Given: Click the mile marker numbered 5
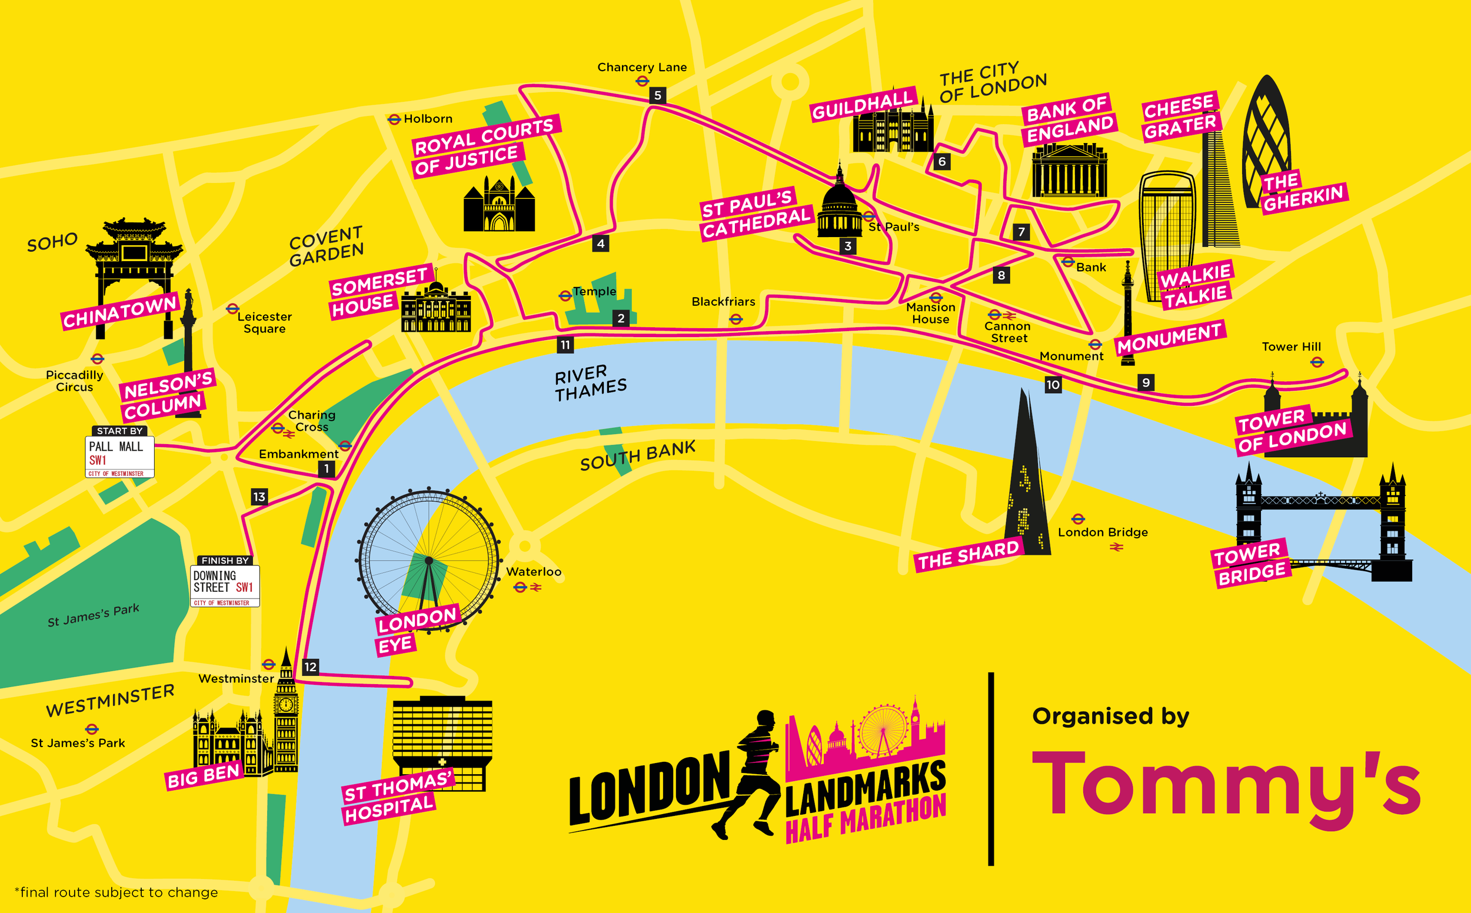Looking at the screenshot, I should click(x=658, y=95).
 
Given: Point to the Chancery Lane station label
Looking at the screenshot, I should click(x=642, y=67).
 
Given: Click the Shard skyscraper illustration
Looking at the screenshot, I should click(x=1027, y=477).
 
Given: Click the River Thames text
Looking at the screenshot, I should click(x=591, y=383).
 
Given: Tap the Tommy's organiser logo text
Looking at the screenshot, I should click(x=1226, y=785).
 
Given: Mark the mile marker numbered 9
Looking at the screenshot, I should click(x=1146, y=382).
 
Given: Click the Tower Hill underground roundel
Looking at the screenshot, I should click(x=1317, y=362).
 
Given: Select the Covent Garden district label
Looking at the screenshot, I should click(x=326, y=246).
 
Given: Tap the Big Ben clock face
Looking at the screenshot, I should click(x=286, y=705).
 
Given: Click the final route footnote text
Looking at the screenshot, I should click(x=116, y=892).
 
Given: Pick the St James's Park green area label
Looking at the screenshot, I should click(x=94, y=615).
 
